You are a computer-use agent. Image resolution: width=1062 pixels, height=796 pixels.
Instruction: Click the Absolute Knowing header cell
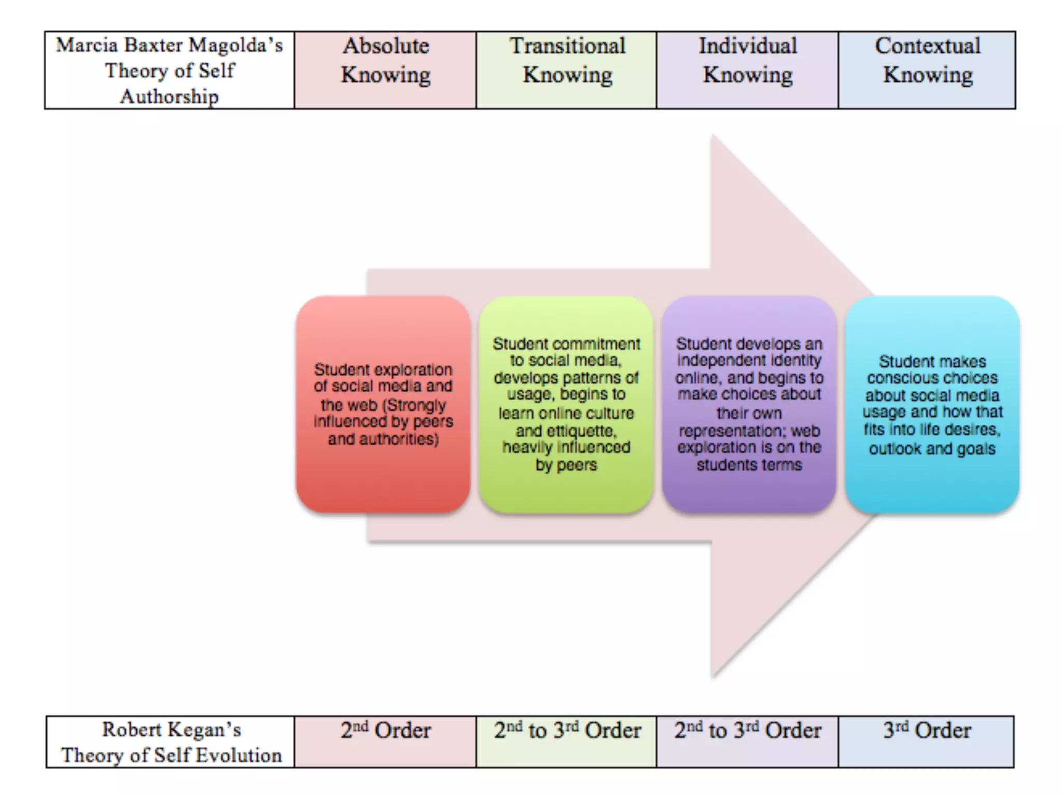(x=385, y=70)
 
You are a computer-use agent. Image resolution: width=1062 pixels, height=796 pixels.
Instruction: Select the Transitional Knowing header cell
(x=566, y=70)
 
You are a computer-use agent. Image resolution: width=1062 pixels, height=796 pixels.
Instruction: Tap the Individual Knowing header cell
(x=747, y=70)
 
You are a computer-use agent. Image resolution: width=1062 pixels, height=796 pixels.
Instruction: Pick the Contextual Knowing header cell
(x=927, y=70)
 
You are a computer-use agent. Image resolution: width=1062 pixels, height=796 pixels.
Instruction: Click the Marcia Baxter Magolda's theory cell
(x=170, y=70)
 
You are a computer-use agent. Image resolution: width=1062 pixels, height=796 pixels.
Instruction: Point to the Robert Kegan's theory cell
(x=171, y=742)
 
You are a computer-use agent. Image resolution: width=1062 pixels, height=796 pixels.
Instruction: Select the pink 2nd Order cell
(x=385, y=742)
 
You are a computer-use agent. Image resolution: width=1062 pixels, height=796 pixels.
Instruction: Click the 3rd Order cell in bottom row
(x=926, y=742)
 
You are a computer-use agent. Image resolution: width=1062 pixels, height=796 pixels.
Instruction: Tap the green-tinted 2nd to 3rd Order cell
(x=566, y=742)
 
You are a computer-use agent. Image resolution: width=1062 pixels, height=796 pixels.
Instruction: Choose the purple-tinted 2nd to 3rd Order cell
(x=747, y=742)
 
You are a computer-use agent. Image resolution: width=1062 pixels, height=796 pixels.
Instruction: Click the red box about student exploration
(x=383, y=404)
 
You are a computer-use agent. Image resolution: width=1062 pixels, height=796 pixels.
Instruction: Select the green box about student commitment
(x=566, y=404)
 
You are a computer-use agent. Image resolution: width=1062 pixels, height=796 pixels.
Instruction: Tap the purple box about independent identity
(x=749, y=404)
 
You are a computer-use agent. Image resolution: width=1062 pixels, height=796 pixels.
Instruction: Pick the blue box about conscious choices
(x=932, y=404)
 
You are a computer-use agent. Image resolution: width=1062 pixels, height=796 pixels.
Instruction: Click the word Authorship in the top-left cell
(x=170, y=97)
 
